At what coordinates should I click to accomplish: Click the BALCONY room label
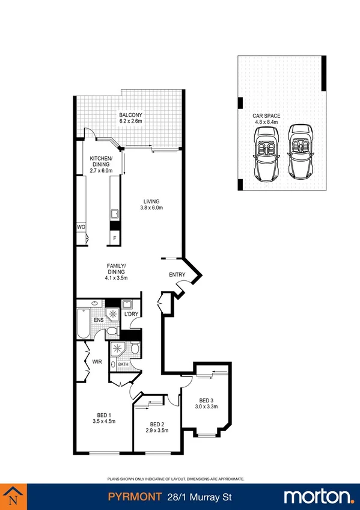coord(130,115)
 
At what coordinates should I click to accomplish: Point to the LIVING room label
coord(151,201)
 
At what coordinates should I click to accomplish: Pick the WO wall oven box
coord(81,227)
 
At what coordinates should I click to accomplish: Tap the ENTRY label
coord(176,275)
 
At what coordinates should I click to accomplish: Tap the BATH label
coord(123,364)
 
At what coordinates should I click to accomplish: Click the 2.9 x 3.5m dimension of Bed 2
coord(157,430)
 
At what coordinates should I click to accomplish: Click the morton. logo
coord(318,496)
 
